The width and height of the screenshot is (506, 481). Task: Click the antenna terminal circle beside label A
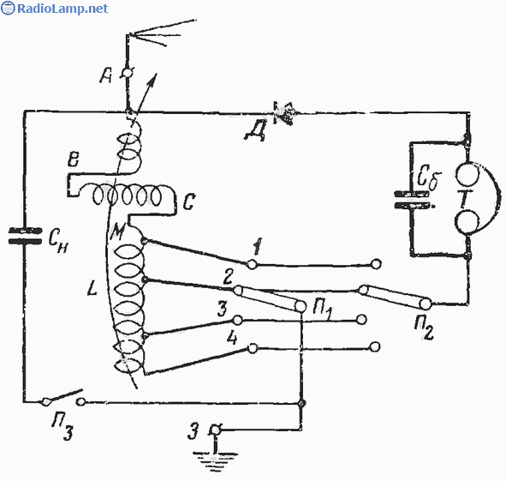tap(128, 74)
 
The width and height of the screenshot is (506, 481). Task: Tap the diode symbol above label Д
tap(283, 113)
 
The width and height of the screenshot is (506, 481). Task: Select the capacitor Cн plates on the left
tap(25, 236)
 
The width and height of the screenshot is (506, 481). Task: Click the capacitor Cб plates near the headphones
tap(412, 200)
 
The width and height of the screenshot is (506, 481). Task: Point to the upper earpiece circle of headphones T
tap(467, 174)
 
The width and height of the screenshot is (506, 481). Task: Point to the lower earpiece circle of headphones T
tap(467, 222)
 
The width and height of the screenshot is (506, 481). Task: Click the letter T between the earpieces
tap(465, 198)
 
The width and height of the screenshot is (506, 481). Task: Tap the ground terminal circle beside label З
tap(215, 430)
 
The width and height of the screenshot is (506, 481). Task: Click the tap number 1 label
tap(258, 247)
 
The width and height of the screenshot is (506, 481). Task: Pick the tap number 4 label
tap(232, 339)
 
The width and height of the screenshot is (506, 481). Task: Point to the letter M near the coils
tap(116, 231)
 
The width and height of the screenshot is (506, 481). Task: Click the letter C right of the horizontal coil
tap(188, 201)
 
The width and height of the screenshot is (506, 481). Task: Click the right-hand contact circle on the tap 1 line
tap(375, 264)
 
